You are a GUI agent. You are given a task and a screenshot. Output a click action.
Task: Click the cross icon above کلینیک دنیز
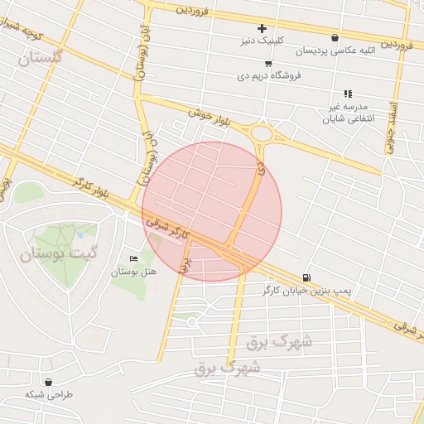[x=263, y=29]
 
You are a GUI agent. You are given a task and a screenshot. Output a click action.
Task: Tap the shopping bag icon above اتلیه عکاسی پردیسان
[x=335, y=37]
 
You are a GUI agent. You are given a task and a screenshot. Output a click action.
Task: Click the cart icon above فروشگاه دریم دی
[x=267, y=63]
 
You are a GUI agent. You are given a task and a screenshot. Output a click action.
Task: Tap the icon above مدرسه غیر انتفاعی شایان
[x=348, y=94]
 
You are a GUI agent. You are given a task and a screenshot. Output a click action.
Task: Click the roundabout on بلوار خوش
[x=263, y=133]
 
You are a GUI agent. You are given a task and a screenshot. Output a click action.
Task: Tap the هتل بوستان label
[x=134, y=272]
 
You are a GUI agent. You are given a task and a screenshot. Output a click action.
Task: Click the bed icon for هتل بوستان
[x=134, y=259]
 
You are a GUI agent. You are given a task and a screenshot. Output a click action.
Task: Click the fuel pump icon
[x=307, y=277]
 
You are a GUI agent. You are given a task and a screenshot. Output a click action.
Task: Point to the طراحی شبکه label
[x=49, y=394]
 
